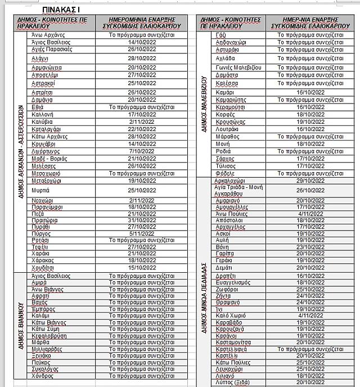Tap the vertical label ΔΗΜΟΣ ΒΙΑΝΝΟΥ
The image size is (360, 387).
(21, 326)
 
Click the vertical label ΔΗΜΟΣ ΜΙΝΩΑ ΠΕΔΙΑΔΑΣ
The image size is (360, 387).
(205, 298)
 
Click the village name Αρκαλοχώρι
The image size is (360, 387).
(232, 181)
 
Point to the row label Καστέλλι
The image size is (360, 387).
(226, 355)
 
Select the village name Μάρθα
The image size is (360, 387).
(40, 341)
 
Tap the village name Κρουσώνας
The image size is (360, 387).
(229, 121)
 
